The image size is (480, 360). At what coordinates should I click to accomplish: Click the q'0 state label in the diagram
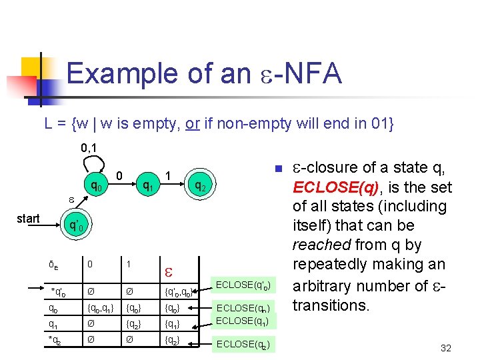[76, 225]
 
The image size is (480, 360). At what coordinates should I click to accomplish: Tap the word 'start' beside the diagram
[28, 219]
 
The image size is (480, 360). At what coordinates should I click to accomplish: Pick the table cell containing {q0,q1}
[96, 308]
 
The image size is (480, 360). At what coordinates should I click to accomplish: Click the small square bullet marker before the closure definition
[280, 167]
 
